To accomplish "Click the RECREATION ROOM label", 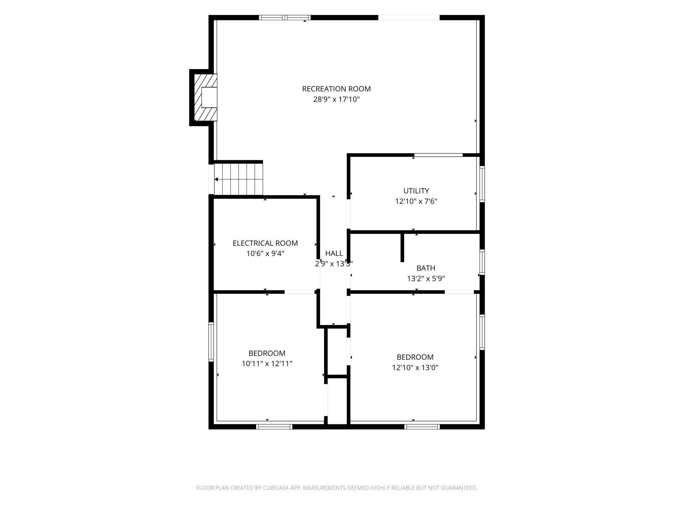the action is (336, 89).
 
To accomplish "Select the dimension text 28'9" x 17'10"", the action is (336, 99).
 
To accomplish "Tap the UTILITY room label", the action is (416, 191).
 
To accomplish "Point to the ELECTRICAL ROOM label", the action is (265, 243).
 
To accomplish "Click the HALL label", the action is (334, 253).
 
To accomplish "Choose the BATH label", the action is (425, 268).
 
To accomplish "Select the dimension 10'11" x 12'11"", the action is (267, 364).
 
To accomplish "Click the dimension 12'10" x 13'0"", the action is (415, 367).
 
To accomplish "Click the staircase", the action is (238, 179).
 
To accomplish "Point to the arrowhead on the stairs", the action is (216, 179).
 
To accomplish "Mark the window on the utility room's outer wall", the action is (482, 184).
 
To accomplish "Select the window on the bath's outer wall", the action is (482, 262).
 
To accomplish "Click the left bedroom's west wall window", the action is (211, 342).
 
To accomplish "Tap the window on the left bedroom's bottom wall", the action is (274, 427).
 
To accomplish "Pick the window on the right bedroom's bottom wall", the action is (422, 427).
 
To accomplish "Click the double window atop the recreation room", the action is (285, 17).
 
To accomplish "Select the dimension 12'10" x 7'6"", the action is (416, 201).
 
